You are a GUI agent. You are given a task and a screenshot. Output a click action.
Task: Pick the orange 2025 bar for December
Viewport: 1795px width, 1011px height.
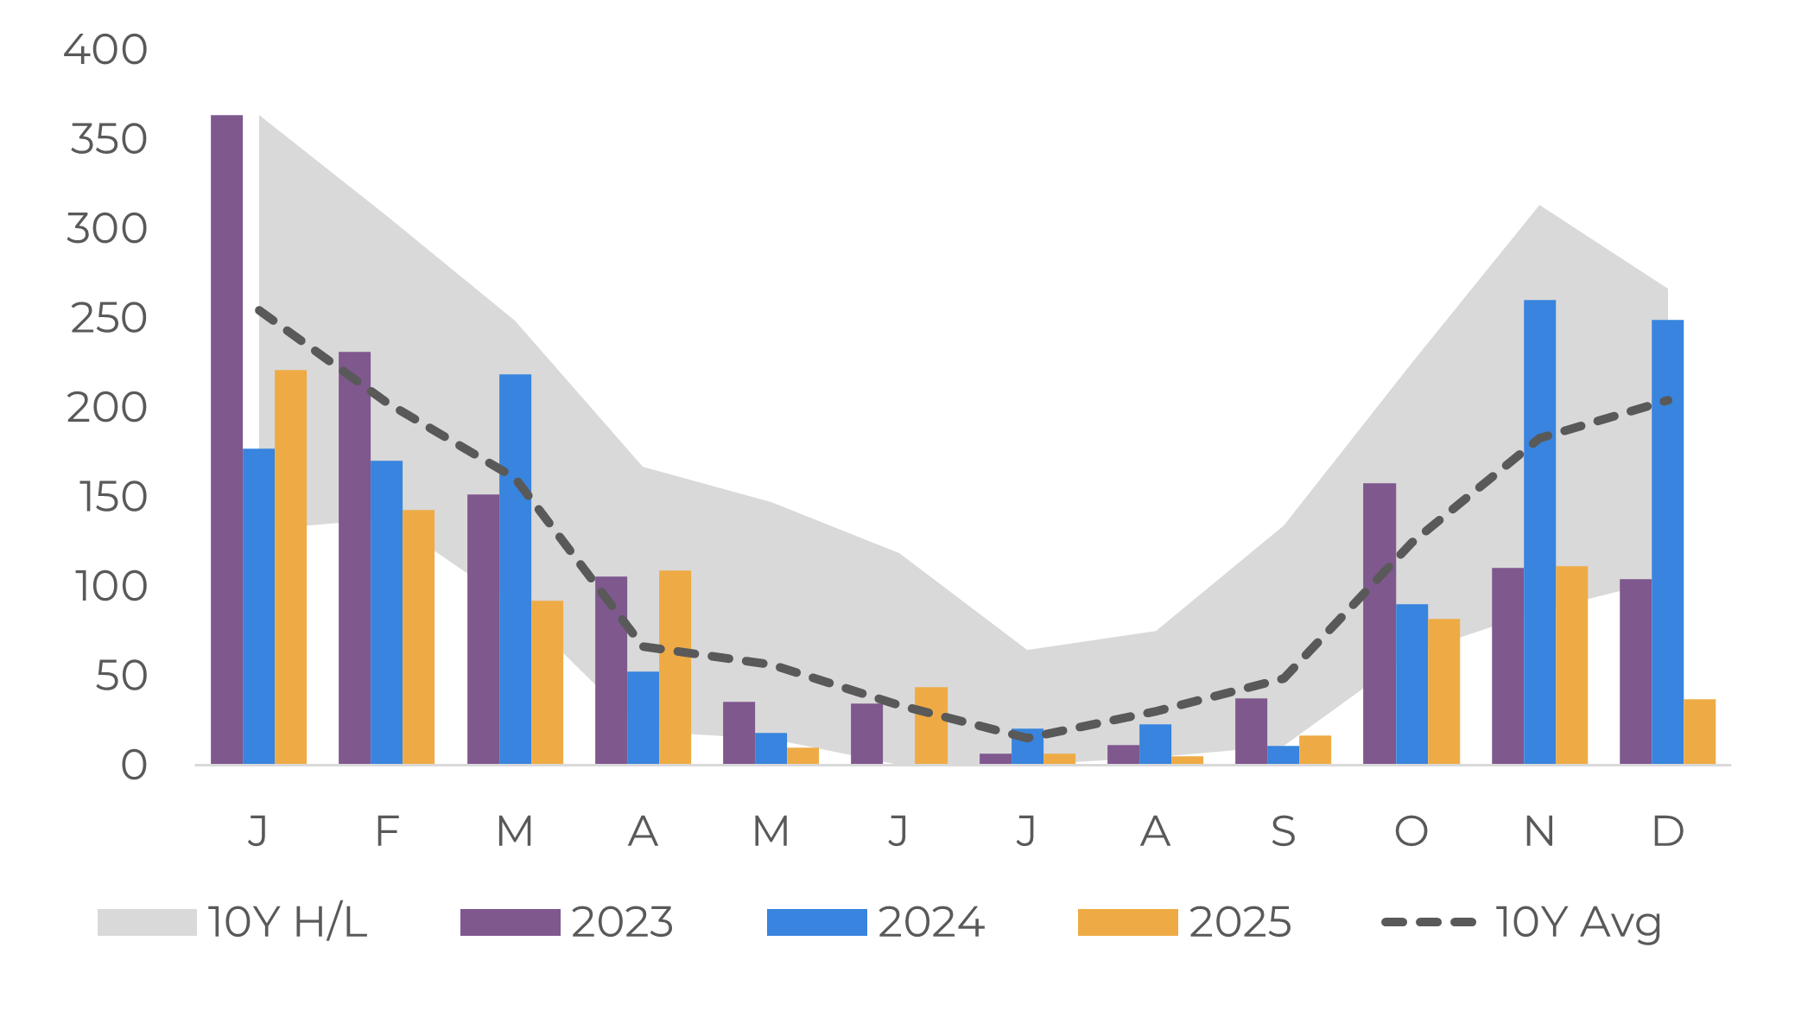click(x=1699, y=731)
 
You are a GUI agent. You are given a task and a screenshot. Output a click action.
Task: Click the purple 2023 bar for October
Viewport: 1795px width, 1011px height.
click(x=1380, y=623)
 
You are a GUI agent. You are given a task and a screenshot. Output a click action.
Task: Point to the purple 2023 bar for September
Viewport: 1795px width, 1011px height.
click(x=1251, y=731)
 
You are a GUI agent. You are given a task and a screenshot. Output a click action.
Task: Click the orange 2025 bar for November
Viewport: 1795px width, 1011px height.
click(x=1571, y=664)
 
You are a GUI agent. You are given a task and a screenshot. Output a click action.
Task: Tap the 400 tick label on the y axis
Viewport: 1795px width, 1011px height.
click(x=105, y=50)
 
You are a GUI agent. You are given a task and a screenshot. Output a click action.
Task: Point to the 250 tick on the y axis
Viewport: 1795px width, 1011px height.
click(x=109, y=319)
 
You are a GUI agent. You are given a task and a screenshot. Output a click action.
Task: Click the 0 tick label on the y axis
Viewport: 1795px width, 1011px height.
click(x=134, y=766)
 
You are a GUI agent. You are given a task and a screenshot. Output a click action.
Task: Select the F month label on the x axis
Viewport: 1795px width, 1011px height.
click(x=386, y=831)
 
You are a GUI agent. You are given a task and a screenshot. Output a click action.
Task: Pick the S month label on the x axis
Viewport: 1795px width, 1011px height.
click(x=1283, y=831)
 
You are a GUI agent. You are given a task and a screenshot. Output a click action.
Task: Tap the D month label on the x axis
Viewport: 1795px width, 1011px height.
click(x=1667, y=831)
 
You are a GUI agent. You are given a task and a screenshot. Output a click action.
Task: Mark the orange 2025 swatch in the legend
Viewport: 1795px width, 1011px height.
click(x=1127, y=922)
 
